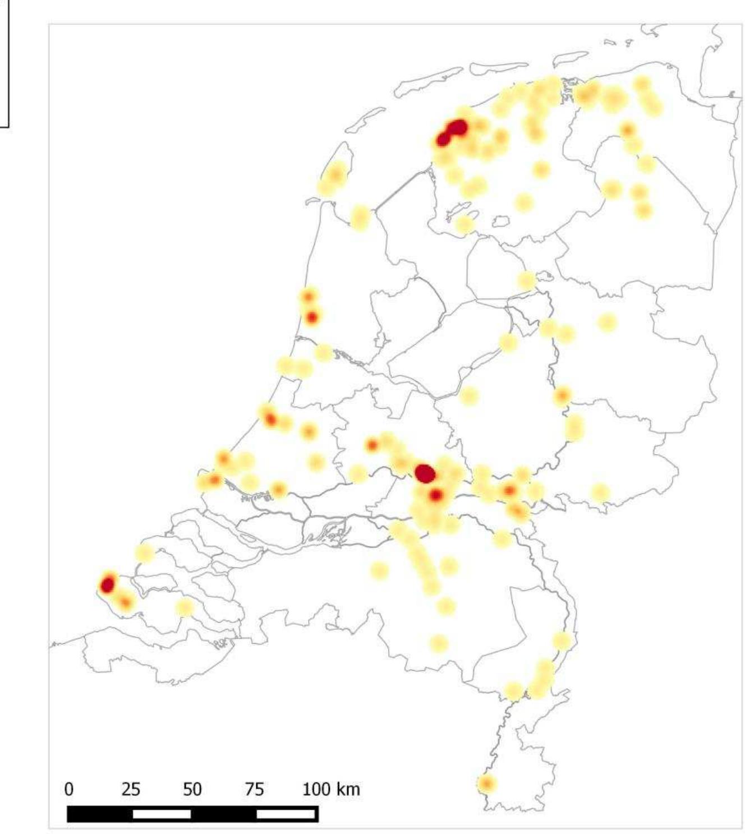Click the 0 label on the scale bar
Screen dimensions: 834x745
68,789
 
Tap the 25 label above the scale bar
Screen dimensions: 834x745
131,789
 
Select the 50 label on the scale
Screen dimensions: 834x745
192,789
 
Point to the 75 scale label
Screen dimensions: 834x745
254,789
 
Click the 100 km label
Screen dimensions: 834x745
331,789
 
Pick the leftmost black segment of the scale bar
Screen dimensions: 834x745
100,814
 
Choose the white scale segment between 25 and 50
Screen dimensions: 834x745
162,814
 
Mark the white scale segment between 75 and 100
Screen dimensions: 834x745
286,813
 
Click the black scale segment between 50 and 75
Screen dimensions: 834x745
223,814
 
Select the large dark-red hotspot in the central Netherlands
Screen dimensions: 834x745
425,473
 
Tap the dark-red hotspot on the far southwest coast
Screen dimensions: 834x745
107,584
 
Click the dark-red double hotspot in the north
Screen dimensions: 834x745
452,132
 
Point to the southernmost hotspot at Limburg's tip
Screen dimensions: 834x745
486,783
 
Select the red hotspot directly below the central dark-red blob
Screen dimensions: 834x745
436,495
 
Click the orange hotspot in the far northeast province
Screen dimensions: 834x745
627,130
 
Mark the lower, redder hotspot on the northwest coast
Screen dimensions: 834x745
312,317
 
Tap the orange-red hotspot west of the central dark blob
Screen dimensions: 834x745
372,445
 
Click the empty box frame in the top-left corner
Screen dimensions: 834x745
4,62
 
